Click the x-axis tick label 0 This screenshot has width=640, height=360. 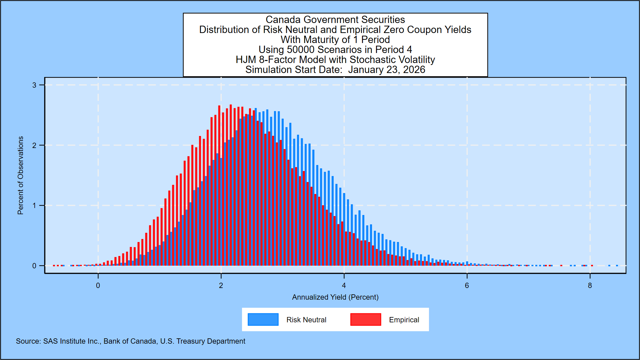[98, 286]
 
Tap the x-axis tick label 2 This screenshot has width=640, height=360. [221, 286]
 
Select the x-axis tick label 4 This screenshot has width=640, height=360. [344, 286]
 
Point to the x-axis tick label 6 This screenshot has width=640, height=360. [467, 286]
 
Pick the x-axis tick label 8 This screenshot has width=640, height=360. [590, 286]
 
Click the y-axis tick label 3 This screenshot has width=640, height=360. [34, 85]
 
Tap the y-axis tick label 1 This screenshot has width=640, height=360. [34, 206]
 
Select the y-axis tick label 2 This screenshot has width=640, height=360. [34, 146]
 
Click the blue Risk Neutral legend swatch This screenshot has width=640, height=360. [263, 319]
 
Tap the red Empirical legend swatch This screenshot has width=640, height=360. [366, 319]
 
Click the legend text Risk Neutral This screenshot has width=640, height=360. [306, 320]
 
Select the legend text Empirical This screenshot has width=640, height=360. [404, 320]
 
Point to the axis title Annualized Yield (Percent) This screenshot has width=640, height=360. [335, 297]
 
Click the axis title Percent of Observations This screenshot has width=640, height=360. [21, 175]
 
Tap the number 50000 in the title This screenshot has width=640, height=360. [301, 50]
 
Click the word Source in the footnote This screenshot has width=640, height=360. [28, 341]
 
